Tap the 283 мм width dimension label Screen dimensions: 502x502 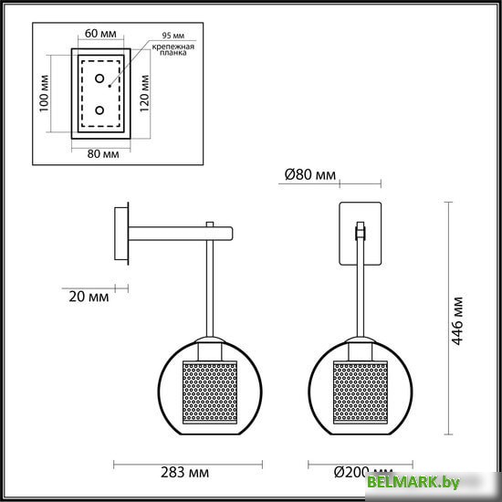(183, 472)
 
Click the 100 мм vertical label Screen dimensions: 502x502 (44, 95)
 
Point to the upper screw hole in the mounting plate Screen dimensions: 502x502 (100, 79)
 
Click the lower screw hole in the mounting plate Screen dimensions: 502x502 (100, 110)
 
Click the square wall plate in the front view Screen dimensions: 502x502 (360, 233)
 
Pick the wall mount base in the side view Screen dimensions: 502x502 (120, 234)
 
